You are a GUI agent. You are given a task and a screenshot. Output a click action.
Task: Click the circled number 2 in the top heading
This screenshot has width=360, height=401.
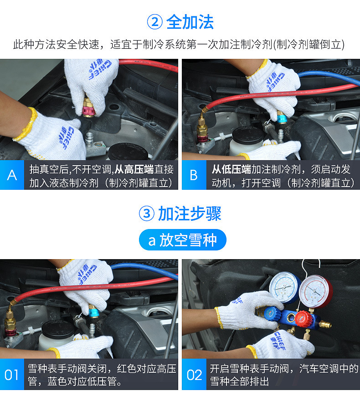click(154, 22)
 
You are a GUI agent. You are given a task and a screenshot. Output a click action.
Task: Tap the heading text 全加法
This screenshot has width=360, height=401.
click(190, 22)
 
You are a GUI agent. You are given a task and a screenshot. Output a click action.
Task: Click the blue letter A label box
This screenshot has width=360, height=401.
click(12, 175)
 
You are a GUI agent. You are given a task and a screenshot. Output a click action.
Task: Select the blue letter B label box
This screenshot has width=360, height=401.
click(194, 175)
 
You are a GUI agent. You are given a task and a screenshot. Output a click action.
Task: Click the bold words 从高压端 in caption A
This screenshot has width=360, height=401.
click(134, 169)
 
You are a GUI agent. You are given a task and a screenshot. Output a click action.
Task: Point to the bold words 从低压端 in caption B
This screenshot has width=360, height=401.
click(231, 169)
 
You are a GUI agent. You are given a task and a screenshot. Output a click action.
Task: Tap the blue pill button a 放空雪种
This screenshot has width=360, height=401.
click(182, 240)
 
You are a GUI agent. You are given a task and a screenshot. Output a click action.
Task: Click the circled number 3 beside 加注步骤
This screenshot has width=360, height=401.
click(147, 214)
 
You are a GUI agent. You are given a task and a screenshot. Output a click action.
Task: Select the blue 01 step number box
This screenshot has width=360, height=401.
click(12, 375)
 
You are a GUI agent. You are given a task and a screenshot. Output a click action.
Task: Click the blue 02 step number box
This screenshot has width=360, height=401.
click(194, 375)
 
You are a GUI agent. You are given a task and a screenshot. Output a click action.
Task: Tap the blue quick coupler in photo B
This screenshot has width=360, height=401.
click(282, 117)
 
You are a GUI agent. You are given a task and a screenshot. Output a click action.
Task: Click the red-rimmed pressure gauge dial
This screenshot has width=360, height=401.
click(315, 292)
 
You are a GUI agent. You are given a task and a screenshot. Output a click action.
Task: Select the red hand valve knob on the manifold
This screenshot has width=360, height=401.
click(303, 318)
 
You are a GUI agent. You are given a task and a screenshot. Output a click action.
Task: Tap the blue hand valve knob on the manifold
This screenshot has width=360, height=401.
click(273, 313)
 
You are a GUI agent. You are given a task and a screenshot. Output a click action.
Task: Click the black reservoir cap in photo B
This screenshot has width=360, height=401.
click(247, 135)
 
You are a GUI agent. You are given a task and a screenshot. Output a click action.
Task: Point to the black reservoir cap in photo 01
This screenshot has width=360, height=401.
click(58, 329)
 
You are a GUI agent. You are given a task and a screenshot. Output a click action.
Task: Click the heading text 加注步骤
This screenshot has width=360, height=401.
click(190, 214)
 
